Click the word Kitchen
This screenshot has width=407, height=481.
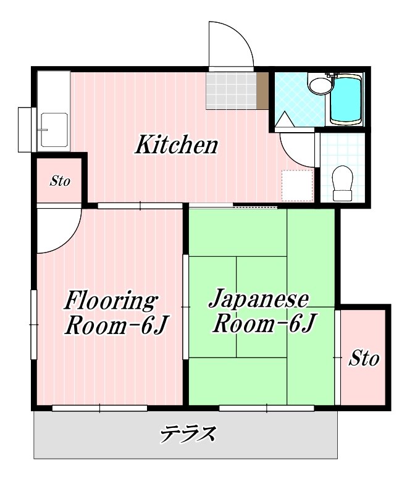click(177, 146)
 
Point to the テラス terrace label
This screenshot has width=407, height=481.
click(188, 435)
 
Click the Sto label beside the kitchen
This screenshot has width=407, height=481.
click(60, 182)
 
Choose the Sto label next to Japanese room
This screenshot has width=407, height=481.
click(364, 358)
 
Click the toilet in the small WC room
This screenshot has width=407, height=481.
click(342, 182)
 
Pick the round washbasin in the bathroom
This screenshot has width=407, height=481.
click(319, 86)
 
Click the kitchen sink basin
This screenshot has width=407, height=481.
click(54, 130)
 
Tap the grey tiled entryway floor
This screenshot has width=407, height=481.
click(230, 91)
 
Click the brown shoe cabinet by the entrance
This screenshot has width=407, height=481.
click(262, 91)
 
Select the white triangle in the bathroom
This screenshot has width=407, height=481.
click(285, 120)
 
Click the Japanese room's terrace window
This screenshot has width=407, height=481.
click(266, 408)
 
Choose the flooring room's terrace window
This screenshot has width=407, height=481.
click(99, 408)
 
